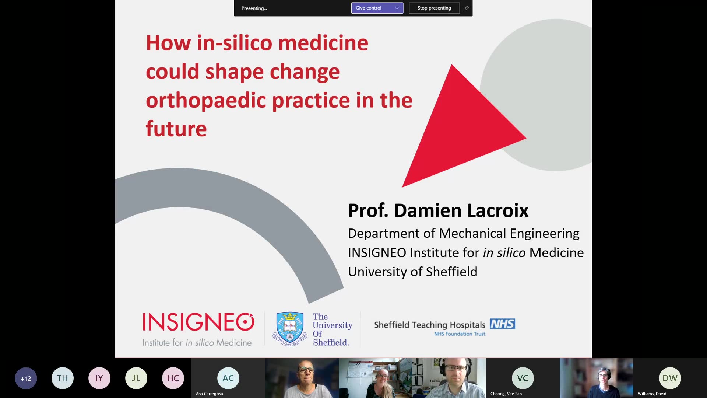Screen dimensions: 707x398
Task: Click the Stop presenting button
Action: click(x=434, y=8)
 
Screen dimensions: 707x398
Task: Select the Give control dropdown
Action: click(x=377, y=8)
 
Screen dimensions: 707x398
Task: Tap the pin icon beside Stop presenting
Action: click(x=467, y=8)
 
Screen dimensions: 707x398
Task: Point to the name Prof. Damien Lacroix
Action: click(x=438, y=210)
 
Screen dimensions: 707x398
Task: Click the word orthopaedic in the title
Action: click(x=206, y=101)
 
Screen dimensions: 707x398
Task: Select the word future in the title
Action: click(x=176, y=129)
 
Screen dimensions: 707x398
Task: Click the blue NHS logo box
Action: click(x=502, y=324)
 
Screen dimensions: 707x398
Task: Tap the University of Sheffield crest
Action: click(x=290, y=329)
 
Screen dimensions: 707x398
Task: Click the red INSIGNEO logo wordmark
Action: click(x=198, y=322)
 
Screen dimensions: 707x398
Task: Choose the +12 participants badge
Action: click(x=26, y=378)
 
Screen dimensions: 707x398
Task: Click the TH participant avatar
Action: click(x=63, y=378)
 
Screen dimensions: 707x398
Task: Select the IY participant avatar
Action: click(x=99, y=378)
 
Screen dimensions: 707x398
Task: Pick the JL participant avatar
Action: click(x=136, y=378)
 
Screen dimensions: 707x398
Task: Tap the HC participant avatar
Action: click(x=173, y=378)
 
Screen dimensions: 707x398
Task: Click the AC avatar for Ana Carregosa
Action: click(x=228, y=378)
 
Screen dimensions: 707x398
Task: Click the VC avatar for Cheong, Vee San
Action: click(x=523, y=378)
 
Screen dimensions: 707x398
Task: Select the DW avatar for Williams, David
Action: click(x=670, y=378)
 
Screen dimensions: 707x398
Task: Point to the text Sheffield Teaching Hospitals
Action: click(x=430, y=325)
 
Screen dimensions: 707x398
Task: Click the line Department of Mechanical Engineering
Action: click(x=464, y=233)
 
